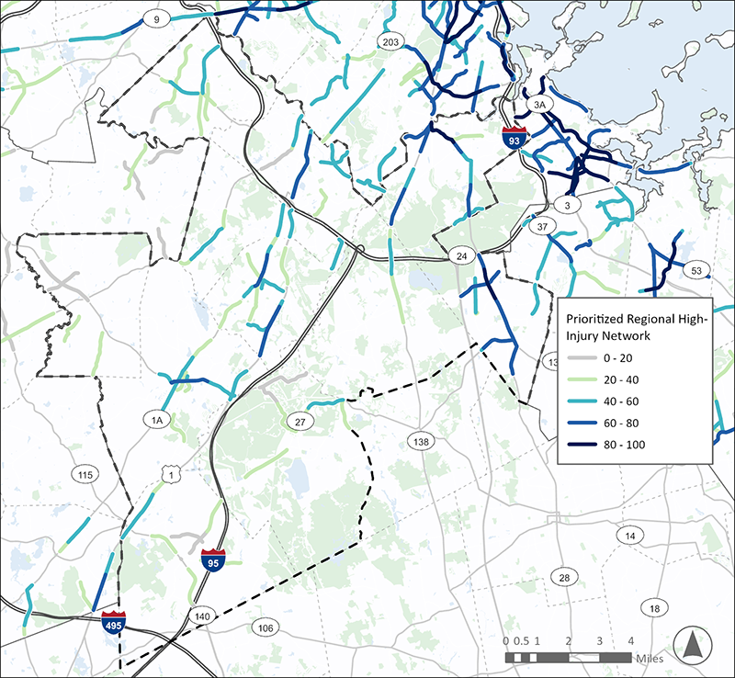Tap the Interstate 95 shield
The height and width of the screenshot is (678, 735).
pyautogui.click(x=212, y=559)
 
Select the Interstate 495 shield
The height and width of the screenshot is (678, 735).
pyautogui.click(x=114, y=621)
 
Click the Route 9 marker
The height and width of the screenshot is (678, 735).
pyautogui.click(x=158, y=18)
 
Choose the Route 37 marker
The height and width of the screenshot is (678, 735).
pyautogui.click(x=542, y=226)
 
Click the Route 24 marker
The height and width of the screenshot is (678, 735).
pyautogui.click(x=461, y=254)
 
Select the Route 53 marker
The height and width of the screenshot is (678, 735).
pyautogui.click(x=695, y=269)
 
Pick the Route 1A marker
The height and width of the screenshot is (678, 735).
pyautogui.click(x=157, y=420)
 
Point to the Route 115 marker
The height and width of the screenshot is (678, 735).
pyautogui.click(x=85, y=474)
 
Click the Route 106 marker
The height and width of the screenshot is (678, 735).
pyautogui.click(x=266, y=627)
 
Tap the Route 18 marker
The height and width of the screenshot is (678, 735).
pyautogui.click(x=654, y=608)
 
